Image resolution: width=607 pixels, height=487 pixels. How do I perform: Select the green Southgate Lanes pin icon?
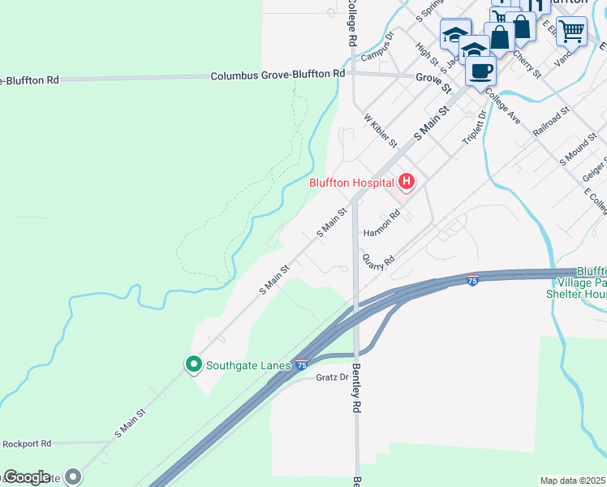[193, 364]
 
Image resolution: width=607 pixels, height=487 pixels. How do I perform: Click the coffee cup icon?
[480, 70]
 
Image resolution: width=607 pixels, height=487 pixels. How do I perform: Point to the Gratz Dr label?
[332, 377]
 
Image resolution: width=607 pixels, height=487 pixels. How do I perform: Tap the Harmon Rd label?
[382, 224]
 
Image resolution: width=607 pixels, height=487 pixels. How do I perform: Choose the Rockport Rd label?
[27, 444]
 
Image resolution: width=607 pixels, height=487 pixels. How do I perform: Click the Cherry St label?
[527, 62]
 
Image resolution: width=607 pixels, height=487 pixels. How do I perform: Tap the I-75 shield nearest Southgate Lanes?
[301, 365]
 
